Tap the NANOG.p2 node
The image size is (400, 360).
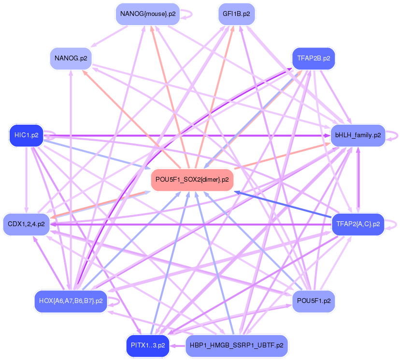(x=71, y=58)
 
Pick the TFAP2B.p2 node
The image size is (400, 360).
(x=314, y=58)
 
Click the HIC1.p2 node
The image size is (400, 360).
(x=27, y=135)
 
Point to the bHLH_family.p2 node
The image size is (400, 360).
(x=357, y=135)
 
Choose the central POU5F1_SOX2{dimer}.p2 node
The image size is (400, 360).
(x=192, y=180)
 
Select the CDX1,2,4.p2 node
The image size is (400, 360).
(x=27, y=224)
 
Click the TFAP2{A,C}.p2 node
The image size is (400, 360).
(x=357, y=224)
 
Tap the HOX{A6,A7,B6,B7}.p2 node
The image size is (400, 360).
(x=71, y=301)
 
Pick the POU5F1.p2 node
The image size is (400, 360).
(x=314, y=301)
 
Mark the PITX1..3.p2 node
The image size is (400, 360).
(x=148, y=346)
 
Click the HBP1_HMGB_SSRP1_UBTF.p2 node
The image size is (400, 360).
(x=236, y=346)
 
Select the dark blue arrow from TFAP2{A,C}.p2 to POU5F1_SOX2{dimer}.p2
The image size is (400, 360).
(x=285, y=203)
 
